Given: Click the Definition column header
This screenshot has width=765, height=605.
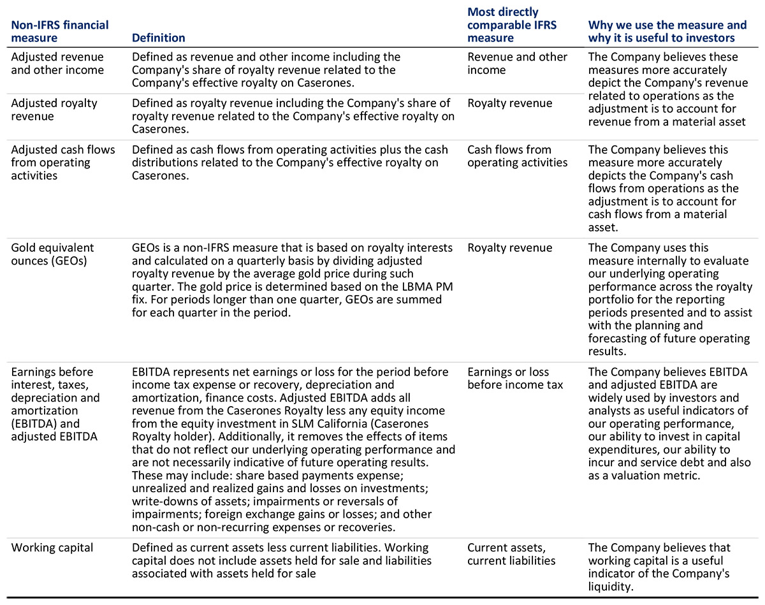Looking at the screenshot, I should click(158, 38).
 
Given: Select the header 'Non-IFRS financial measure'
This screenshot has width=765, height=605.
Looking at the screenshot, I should click(60, 31).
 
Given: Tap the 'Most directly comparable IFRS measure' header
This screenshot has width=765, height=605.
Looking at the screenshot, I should click(512, 25).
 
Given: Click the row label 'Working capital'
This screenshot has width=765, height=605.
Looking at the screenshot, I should click(52, 548).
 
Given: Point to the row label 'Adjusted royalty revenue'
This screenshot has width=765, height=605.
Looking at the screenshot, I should click(54, 110).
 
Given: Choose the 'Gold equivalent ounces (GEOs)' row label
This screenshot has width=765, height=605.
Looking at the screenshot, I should click(52, 254).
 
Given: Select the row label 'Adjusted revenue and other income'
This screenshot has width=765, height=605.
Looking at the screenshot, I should click(57, 63).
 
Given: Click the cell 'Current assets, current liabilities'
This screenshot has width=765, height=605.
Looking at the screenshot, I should click(511, 554).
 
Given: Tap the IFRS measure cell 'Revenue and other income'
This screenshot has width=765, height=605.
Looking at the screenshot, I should click(517, 63).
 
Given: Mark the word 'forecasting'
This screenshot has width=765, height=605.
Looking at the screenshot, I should click(616, 338).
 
